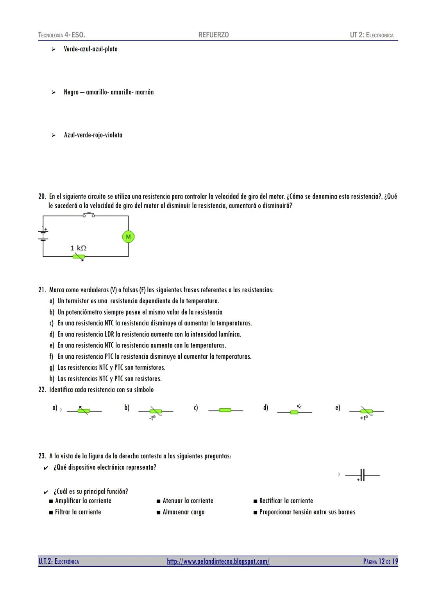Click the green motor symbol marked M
click(128, 237)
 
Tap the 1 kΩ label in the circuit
click(78, 248)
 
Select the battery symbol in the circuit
click(43, 234)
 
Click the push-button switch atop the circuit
click(89, 214)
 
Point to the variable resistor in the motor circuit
click(79, 257)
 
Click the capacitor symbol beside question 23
click(362, 475)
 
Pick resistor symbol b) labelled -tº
click(156, 411)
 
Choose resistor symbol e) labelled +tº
click(366, 411)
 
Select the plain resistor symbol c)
click(225, 410)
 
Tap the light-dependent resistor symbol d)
click(295, 411)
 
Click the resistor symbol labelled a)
click(84, 411)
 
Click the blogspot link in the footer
click(218, 561)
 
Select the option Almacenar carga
click(183, 512)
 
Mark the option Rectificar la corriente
click(286, 501)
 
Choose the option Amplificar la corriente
click(83, 501)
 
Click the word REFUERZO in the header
click(213, 35)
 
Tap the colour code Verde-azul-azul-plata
click(91, 49)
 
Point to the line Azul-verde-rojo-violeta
click(93, 135)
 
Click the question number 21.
click(42, 290)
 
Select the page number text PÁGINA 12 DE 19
click(380, 561)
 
